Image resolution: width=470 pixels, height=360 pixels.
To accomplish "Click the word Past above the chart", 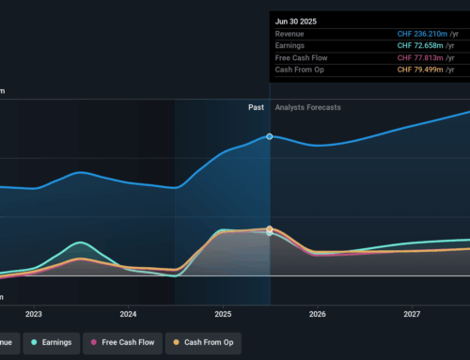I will click(256, 107).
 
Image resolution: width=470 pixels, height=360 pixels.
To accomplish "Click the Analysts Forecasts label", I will click(308, 107).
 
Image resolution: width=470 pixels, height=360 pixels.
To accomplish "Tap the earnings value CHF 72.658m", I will click(428, 45).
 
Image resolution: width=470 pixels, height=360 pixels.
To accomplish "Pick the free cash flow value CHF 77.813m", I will click(428, 57).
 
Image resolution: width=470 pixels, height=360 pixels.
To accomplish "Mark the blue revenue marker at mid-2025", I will click(270, 136).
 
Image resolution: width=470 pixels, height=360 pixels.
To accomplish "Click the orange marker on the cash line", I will click(270, 228).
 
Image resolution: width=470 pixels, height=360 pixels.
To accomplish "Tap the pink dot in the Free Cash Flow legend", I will click(93, 342).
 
